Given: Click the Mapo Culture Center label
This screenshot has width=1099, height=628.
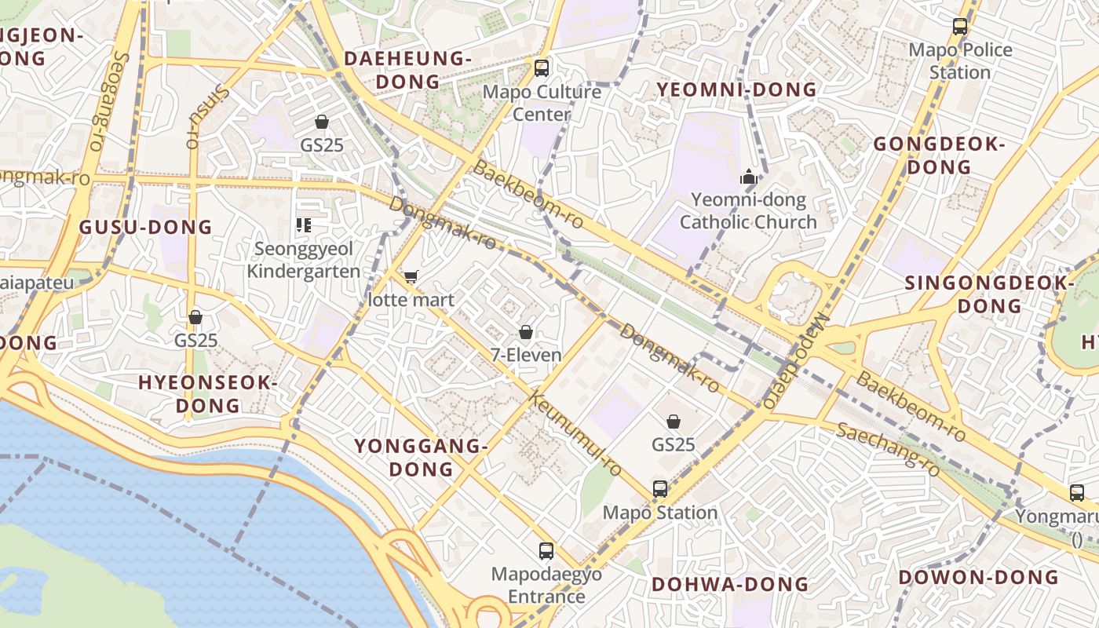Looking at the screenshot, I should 542,103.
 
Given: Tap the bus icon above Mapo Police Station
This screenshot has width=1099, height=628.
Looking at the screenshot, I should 960,26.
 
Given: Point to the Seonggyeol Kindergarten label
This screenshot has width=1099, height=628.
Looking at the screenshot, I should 305,260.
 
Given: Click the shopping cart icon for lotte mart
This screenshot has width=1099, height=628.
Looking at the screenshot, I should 411,276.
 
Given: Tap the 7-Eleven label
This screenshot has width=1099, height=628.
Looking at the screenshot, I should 526,355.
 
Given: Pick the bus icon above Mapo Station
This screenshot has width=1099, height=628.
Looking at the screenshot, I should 660,488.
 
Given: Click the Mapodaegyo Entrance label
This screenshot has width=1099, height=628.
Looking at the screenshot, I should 546,585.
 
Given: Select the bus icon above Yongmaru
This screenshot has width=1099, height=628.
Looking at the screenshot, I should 1077,493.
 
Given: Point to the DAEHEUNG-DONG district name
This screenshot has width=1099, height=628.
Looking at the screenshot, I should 407,70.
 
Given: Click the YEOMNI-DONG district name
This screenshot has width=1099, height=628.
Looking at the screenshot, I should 736,89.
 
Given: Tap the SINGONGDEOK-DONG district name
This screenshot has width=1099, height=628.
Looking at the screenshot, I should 990,294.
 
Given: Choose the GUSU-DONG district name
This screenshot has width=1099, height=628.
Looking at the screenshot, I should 146,228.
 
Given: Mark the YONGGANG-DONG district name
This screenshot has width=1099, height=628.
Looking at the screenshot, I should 421,457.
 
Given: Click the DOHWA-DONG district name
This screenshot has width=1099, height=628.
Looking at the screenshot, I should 730,584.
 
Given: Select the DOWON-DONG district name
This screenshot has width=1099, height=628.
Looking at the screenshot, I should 978,577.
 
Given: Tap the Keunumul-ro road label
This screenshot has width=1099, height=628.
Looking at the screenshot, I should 577,433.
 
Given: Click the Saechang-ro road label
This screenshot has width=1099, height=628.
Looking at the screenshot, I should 888,449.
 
